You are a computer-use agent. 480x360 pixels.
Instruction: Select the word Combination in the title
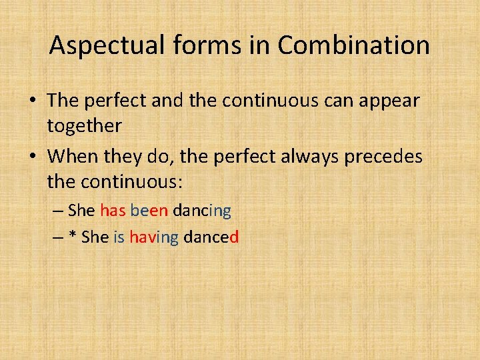tap(353, 46)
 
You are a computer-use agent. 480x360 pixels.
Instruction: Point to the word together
tap(84, 126)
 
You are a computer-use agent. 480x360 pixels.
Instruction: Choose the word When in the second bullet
tap(73, 157)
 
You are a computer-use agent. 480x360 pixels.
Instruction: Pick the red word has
tap(113, 211)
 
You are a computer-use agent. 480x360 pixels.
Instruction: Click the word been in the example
tap(149, 211)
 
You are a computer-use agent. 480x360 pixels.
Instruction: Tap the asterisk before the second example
tap(73, 237)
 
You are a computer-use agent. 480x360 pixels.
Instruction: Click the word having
tap(153, 238)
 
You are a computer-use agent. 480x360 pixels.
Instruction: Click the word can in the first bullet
tap(328, 101)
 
